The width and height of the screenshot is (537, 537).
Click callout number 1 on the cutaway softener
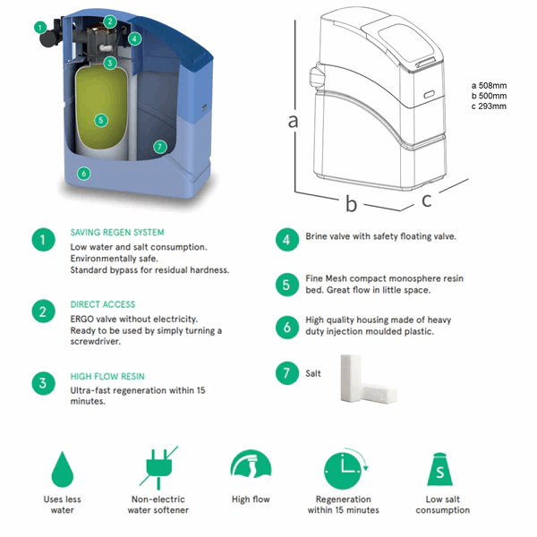click(x=40, y=27)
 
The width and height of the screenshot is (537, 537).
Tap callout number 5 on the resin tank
click(x=100, y=119)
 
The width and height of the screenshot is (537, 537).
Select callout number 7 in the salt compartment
click(x=159, y=147)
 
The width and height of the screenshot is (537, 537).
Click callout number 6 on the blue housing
click(x=83, y=174)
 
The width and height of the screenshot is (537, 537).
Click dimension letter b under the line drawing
click(x=352, y=204)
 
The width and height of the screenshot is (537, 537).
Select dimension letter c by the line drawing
click(x=428, y=200)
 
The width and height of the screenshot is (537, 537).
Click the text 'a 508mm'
click(x=489, y=86)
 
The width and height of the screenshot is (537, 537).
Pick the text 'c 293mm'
click(x=489, y=106)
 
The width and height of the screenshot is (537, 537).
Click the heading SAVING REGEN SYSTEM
click(x=116, y=233)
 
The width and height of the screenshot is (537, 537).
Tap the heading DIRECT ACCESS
click(x=103, y=304)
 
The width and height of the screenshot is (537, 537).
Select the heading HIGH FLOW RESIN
click(x=107, y=377)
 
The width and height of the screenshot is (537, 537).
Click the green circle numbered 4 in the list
click(x=286, y=239)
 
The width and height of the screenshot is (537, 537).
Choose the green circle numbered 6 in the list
click(x=286, y=327)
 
